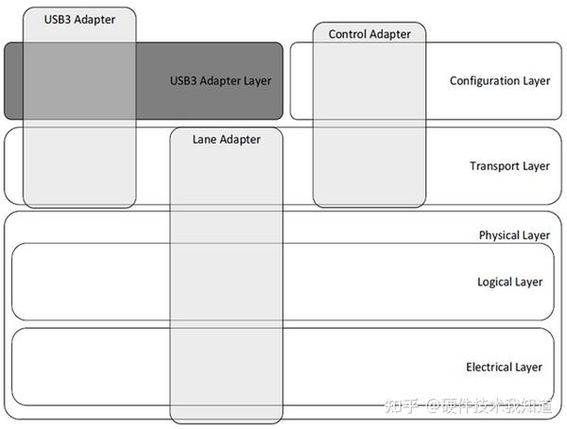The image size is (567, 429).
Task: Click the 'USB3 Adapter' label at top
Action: [79, 18]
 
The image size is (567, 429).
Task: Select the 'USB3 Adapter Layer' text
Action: [220, 80]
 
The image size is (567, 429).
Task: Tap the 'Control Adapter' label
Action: [369, 34]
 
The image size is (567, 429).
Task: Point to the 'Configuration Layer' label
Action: [499, 80]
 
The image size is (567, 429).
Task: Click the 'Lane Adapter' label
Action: [226, 139]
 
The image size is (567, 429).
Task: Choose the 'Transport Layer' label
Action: [509, 166]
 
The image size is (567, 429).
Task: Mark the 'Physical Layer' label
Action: [514, 235]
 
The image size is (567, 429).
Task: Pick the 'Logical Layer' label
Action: [509, 282]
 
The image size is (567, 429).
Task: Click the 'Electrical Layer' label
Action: [504, 367]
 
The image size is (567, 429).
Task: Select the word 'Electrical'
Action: [490, 367]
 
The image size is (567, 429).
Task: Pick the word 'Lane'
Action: [204, 139]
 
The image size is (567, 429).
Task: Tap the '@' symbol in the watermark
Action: [433, 407]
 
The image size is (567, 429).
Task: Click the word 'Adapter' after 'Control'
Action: [389, 34]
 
